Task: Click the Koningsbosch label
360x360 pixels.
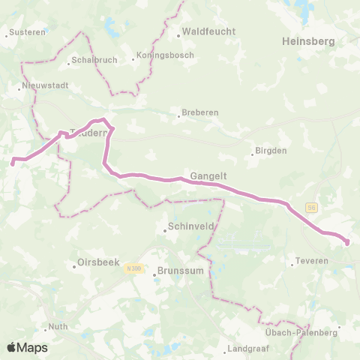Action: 166,55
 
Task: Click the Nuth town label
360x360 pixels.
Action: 58,327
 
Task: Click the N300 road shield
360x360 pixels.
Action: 134,268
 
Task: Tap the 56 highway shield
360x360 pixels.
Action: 311,208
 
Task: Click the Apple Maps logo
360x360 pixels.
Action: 27,347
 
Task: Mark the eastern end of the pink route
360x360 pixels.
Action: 347,241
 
